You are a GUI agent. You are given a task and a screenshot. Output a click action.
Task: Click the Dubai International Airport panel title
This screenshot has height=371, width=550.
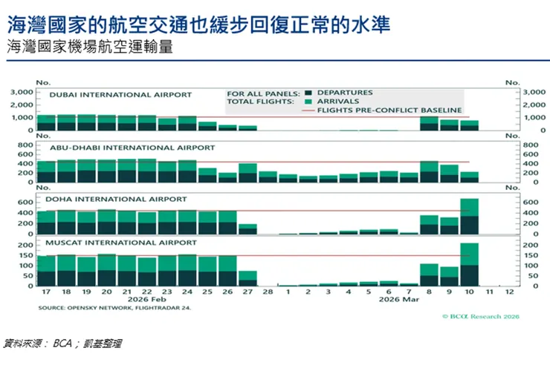(120, 95)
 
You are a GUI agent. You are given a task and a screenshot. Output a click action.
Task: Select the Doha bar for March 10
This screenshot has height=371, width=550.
(470, 216)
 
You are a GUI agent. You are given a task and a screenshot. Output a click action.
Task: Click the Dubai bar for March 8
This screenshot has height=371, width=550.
(430, 122)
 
